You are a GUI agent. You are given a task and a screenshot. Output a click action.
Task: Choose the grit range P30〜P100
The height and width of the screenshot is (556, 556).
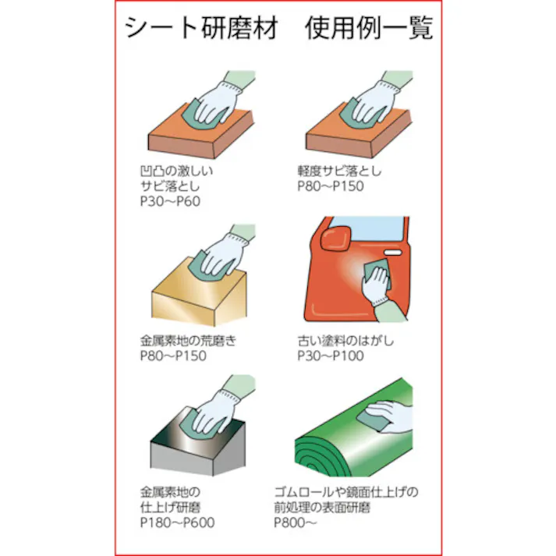[330, 356]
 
